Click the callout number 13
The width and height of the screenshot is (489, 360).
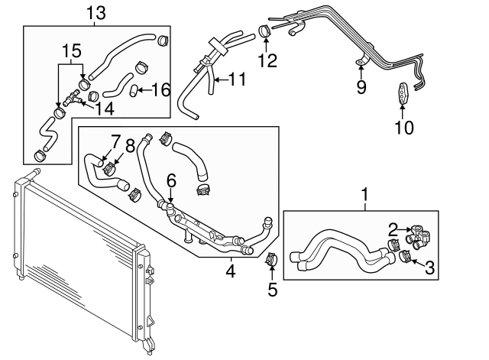[x=96, y=12]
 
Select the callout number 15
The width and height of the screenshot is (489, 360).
[x=71, y=50]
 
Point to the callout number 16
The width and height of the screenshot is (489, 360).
[x=160, y=90]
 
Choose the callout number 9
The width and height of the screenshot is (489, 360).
[x=360, y=87]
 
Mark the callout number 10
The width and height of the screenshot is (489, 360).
[x=403, y=127]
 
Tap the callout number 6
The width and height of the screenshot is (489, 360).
[x=171, y=180]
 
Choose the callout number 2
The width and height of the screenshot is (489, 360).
[x=391, y=227]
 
